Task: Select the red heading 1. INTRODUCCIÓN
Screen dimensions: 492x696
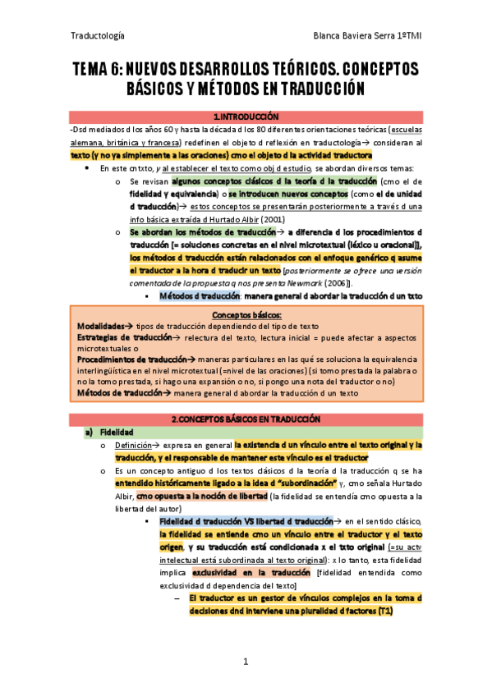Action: click(246, 117)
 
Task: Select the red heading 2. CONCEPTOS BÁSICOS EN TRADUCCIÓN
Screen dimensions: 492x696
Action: click(246, 419)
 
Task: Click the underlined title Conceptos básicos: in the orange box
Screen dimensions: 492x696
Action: click(246, 315)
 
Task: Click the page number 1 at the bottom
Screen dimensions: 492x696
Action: click(246, 661)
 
